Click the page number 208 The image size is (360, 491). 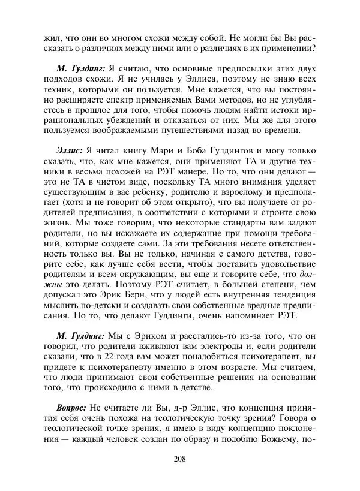pos(179,460)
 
